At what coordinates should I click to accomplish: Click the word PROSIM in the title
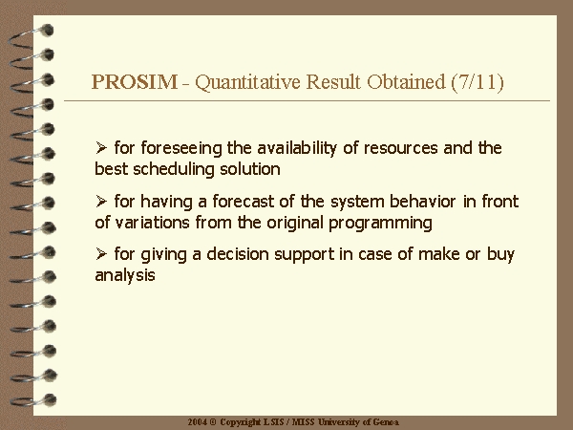135,81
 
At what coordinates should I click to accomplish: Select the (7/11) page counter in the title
477,82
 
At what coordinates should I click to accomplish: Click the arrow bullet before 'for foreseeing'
101,148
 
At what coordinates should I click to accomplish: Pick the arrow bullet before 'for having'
101,201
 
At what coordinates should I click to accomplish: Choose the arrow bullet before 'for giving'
101,253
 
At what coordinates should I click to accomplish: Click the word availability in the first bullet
297,148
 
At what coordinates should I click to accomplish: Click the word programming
380,223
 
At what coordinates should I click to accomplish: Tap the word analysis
125,275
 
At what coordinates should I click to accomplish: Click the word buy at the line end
500,254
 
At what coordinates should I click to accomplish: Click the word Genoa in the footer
386,422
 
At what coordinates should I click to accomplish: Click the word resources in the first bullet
400,148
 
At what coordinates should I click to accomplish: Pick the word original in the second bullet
295,223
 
